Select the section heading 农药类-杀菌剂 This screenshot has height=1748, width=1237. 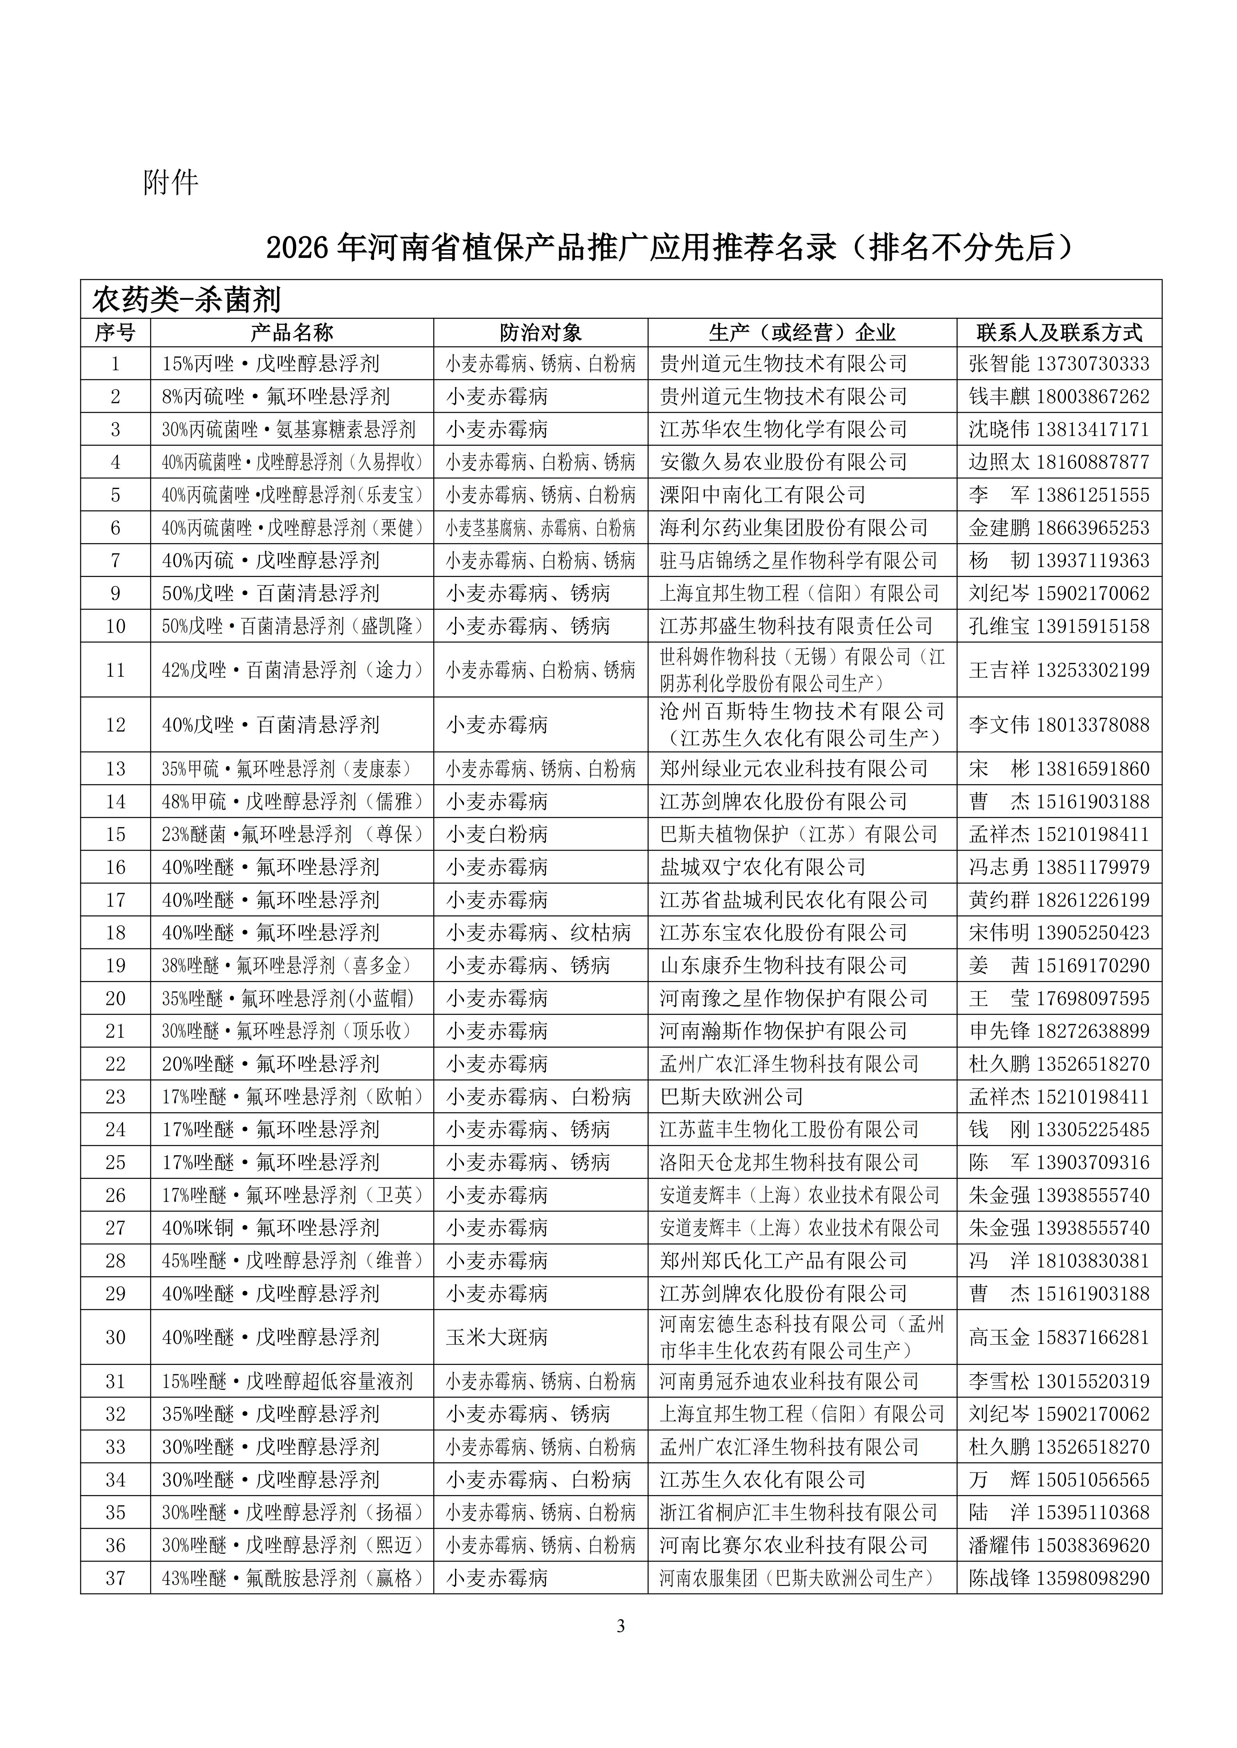[187, 299]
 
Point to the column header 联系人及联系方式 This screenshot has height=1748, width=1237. [1059, 333]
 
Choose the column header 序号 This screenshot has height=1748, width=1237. [115, 333]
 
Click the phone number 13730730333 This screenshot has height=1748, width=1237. [1092, 364]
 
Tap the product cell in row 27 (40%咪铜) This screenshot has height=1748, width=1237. [270, 1228]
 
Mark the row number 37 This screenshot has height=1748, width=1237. [115, 1578]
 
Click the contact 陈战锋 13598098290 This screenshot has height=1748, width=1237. [1059, 1578]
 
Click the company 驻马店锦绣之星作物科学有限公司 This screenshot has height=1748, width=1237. [798, 560]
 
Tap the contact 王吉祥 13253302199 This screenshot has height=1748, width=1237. [1059, 670]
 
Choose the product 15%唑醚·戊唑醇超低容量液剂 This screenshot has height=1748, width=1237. [287, 1381]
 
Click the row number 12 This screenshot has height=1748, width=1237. [115, 725]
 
